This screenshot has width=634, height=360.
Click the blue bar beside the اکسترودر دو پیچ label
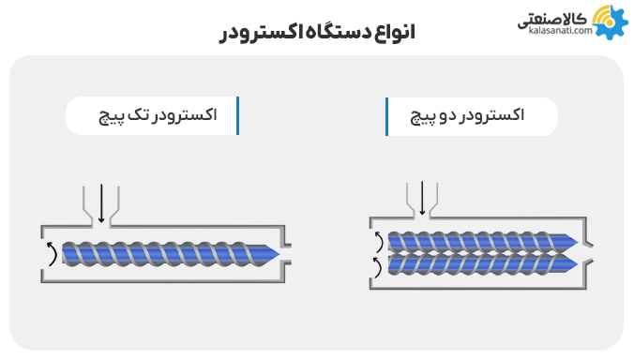tap(386, 115)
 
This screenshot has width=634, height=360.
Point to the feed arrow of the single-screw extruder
tap(99, 205)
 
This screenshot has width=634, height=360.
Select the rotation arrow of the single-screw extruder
tap(50, 252)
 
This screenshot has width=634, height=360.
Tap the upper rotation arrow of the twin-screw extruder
tap(377, 242)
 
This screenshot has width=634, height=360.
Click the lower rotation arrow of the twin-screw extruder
tap(377, 267)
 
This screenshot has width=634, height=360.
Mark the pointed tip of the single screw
tap(278, 252)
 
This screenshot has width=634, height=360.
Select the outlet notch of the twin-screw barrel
tap(587, 253)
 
